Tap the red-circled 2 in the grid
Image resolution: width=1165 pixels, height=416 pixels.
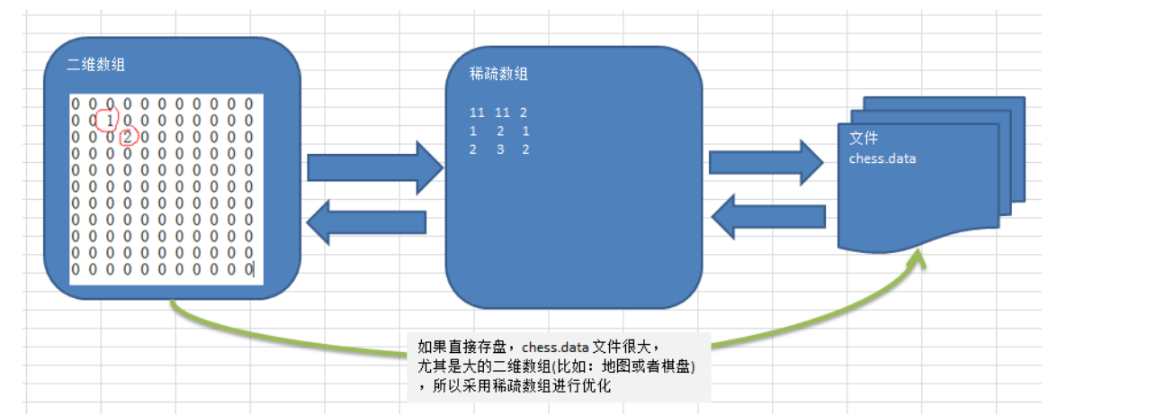pyautogui.click(x=128, y=137)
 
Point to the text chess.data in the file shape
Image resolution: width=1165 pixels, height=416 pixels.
pyautogui.click(x=883, y=158)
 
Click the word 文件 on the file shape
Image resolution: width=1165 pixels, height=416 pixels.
pyautogui.click(x=864, y=139)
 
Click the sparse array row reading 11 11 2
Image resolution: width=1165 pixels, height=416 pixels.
pyautogui.click(x=499, y=113)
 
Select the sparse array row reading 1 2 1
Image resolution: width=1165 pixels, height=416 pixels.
pyautogui.click(x=499, y=131)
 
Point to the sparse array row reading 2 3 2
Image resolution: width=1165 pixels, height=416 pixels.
pyautogui.click(x=499, y=149)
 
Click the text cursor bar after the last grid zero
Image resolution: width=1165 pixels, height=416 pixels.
pyautogui.click(x=254, y=268)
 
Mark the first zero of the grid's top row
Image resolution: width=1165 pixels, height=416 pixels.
pyautogui.click(x=76, y=104)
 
